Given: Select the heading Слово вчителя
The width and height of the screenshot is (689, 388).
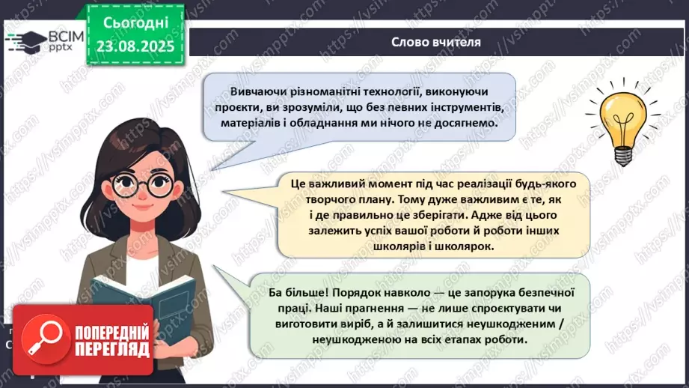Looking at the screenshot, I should point(435,42).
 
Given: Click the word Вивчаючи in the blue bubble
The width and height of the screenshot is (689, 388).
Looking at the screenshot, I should point(245,92).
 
